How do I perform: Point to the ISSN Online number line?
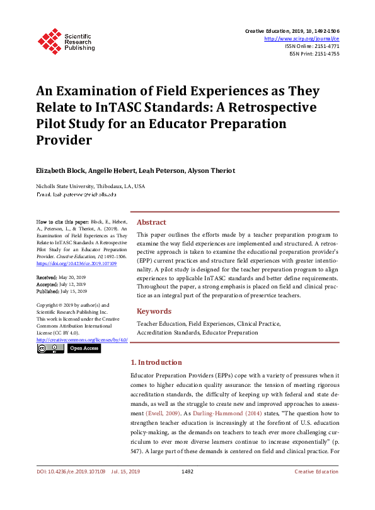click(312, 46)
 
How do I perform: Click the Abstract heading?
click(151, 222)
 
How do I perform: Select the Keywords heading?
click(154, 311)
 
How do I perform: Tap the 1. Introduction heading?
click(164, 362)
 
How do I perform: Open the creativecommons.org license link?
click(82, 340)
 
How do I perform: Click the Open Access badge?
click(84, 348)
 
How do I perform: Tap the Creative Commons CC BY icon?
click(50, 348)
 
